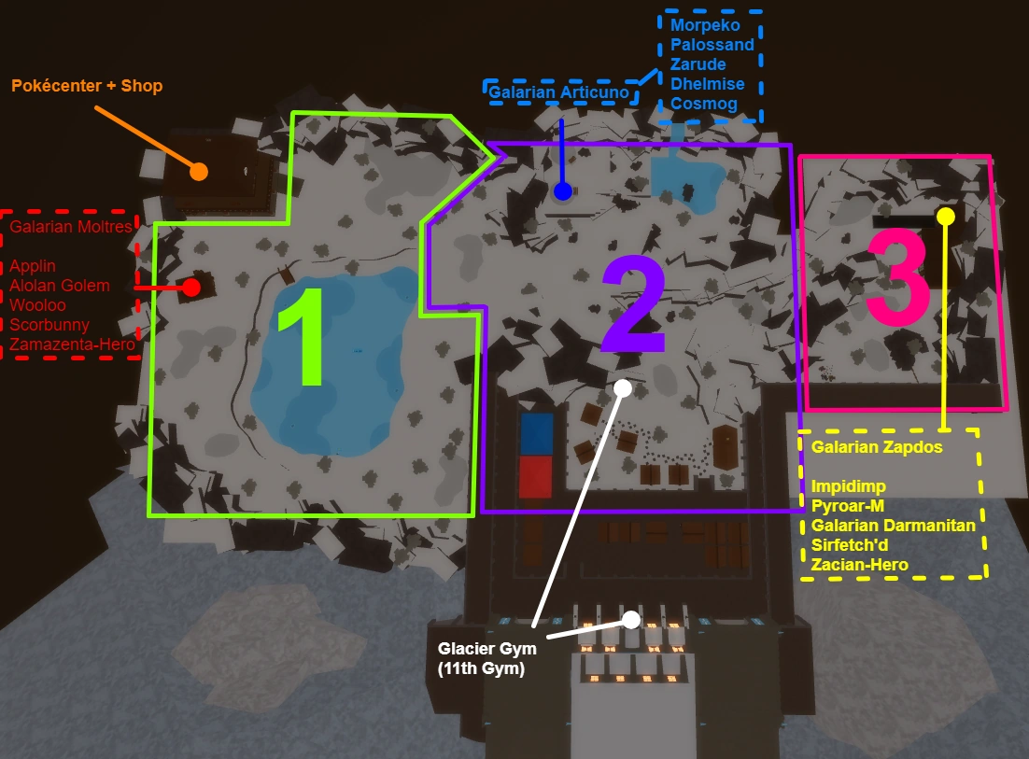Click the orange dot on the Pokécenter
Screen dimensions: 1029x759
point(198,171)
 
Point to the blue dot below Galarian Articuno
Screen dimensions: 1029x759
point(562,191)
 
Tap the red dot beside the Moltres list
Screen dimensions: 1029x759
point(191,287)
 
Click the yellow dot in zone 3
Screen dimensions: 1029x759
point(945,216)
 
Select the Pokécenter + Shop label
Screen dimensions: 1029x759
point(87,86)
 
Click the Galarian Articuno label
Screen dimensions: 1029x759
point(561,92)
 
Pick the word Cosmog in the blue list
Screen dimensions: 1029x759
point(703,104)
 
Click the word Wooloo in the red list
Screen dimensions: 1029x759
point(37,304)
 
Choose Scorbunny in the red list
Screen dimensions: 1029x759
point(49,325)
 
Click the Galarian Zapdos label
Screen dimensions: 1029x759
point(877,447)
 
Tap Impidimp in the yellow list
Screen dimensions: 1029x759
point(849,486)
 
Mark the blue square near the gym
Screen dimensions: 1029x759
point(536,434)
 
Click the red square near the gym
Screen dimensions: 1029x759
point(536,476)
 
